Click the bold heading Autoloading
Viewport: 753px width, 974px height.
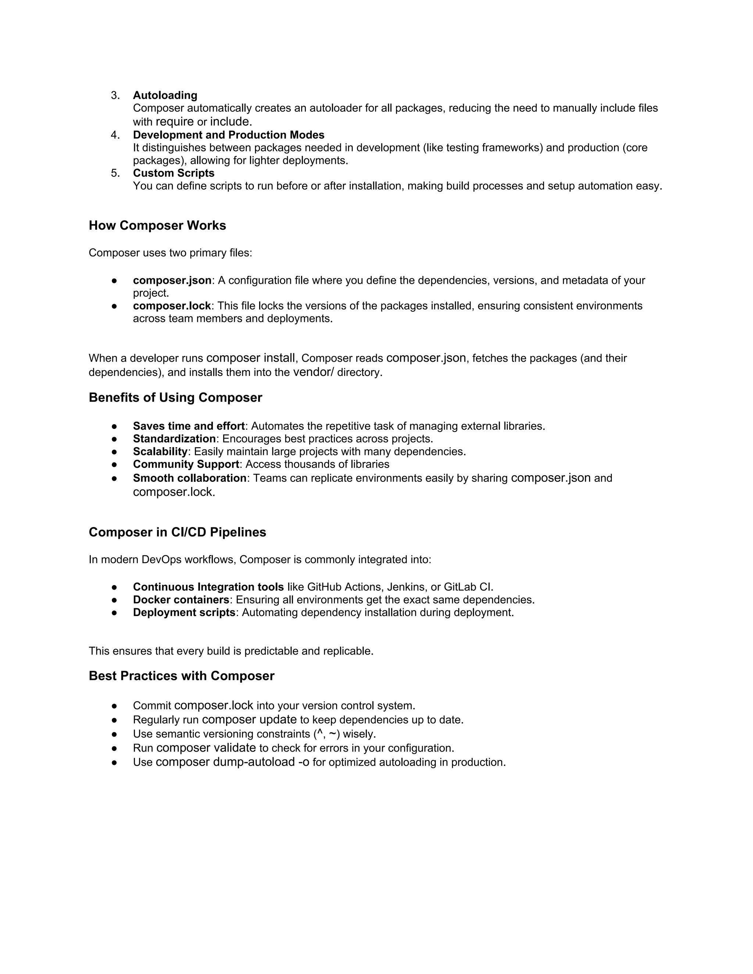point(165,96)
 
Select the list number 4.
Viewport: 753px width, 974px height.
point(115,135)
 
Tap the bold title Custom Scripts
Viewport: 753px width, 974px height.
point(174,173)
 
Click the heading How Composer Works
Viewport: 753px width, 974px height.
point(157,226)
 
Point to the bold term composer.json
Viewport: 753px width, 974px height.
point(172,280)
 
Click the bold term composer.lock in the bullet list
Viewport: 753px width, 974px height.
point(172,306)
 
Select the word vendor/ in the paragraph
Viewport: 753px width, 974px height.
point(313,372)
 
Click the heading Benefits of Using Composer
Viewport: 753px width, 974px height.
point(175,398)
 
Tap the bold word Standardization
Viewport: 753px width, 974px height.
point(174,439)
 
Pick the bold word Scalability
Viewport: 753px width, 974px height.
point(160,452)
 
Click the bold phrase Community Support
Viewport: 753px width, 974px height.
point(186,464)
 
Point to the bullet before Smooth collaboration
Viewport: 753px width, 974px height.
point(114,479)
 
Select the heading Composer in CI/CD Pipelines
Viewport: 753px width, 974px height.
point(177,533)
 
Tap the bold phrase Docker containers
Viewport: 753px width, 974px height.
point(181,600)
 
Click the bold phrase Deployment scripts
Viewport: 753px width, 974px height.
point(184,613)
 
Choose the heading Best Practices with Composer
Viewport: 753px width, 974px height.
point(182,676)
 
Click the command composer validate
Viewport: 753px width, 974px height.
point(206,748)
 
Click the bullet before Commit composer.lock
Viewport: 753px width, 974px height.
point(114,706)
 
